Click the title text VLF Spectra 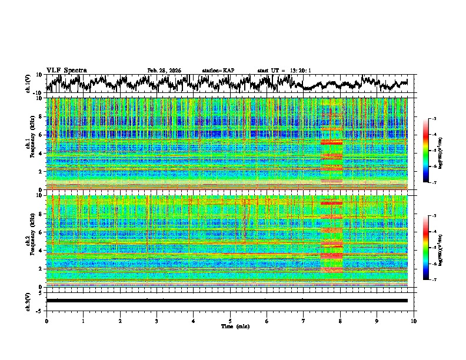point(66,70)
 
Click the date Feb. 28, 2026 point(164,71)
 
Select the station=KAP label point(218,71)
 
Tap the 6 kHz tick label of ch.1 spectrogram point(41,135)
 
